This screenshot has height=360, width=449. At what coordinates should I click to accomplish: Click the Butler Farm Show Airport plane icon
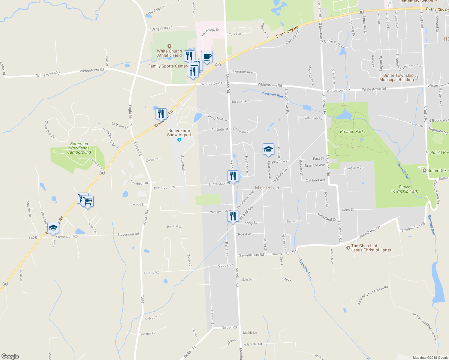pos(179,140)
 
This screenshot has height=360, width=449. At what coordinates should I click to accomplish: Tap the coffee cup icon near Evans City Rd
pos(207,56)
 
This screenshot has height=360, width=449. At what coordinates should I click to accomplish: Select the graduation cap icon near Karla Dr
pos(268,149)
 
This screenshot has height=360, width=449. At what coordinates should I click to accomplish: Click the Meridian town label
pos(267,188)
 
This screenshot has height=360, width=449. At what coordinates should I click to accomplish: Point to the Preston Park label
pos(352,131)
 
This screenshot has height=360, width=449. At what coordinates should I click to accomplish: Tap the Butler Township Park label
pos(404,189)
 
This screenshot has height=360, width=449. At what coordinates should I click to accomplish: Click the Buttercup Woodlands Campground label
pos(79,148)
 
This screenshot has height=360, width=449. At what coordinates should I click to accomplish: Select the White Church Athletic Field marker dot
pos(170,46)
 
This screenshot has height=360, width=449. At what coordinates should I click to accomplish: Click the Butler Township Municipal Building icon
pos(416,79)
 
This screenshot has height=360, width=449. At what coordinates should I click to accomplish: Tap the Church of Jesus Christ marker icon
pos(348,247)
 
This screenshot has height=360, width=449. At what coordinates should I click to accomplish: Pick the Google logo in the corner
pos(10,356)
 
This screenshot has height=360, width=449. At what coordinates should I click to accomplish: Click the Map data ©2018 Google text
pos(430,358)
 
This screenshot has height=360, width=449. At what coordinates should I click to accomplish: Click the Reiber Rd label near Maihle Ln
pos(229,328)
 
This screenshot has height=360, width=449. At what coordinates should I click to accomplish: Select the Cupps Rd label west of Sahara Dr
pos(152,273)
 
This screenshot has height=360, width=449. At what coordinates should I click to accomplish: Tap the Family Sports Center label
pos(167,66)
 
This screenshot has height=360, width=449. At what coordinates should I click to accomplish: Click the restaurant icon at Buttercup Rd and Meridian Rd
pos(233,176)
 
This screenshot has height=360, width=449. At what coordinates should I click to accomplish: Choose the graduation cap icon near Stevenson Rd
pos(53,228)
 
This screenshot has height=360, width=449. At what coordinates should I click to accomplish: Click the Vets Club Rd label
pos(313,118)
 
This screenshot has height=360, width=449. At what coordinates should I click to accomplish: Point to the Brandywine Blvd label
pos(110,139)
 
